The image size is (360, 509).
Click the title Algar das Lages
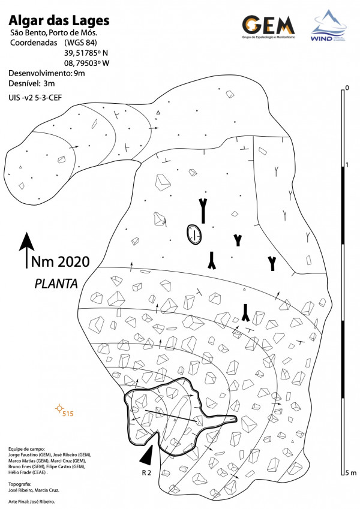point(59,21)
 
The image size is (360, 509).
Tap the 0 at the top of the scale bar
point(346,89)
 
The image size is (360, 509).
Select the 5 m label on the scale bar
point(349,474)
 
